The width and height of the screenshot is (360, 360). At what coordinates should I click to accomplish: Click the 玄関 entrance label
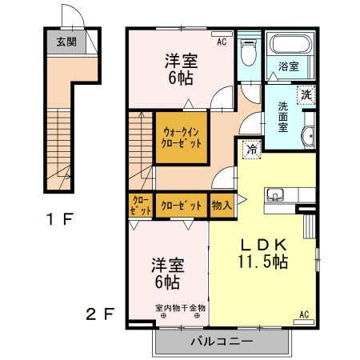[66, 42]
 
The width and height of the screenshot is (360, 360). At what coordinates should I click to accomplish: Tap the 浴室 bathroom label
[289, 66]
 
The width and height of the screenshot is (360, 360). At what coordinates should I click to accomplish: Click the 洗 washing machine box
[306, 94]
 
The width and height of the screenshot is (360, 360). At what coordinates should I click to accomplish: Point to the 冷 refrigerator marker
[252, 148]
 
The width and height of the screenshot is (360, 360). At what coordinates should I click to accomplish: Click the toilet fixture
[248, 54]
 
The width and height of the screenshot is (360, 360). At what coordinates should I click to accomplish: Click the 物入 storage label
[222, 205]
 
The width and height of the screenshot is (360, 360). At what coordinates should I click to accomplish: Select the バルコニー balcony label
[222, 342]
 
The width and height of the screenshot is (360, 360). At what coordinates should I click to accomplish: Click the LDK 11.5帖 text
[262, 253]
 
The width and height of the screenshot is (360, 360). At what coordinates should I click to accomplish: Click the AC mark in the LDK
[304, 314]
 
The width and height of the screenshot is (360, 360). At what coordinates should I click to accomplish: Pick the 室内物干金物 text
[180, 307]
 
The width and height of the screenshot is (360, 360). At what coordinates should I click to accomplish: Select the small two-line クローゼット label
[139, 206]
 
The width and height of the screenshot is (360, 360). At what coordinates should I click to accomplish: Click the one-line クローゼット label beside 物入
[181, 206]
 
